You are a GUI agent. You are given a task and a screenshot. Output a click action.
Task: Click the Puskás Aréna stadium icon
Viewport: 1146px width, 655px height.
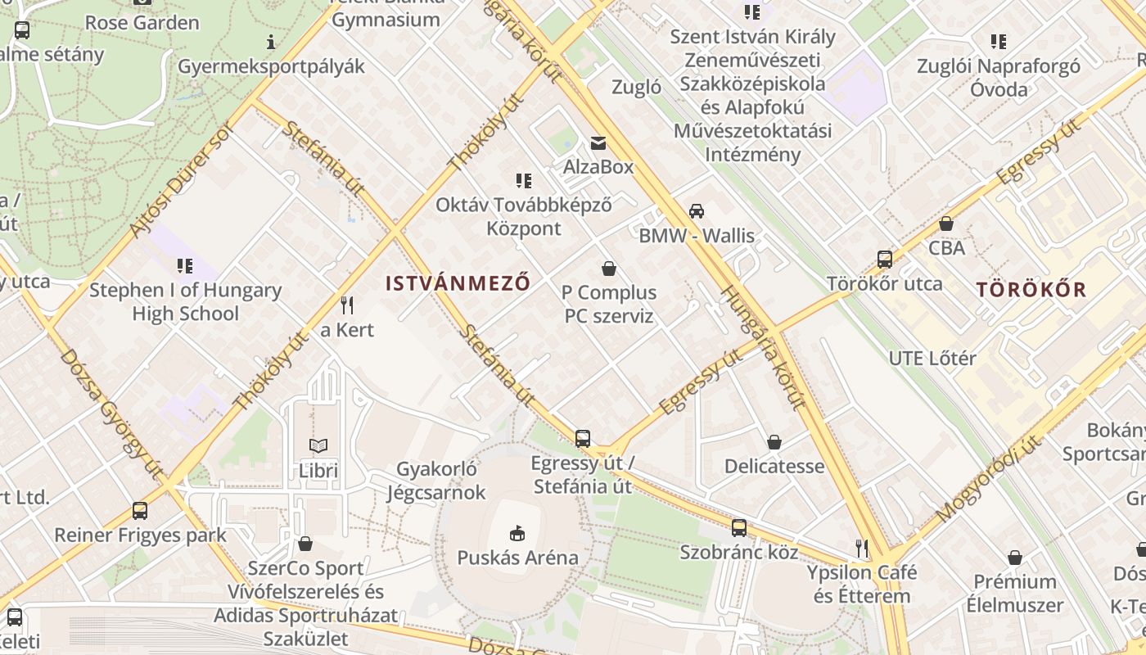click(x=517, y=534)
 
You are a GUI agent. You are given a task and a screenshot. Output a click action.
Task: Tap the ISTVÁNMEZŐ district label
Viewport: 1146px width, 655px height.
click(x=458, y=283)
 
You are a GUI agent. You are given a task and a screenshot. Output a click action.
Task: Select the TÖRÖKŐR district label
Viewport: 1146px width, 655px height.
click(x=1031, y=289)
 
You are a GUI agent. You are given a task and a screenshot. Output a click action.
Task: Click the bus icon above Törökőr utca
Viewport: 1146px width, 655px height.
click(x=884, y=260)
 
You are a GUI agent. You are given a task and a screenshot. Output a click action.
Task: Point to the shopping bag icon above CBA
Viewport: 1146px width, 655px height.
click(x=946, y=223)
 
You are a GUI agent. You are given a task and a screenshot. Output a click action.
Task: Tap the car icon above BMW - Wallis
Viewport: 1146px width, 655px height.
click(x=696, y=210)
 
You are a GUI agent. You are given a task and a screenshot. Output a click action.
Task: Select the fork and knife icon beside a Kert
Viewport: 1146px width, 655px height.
click(x=347, y=305)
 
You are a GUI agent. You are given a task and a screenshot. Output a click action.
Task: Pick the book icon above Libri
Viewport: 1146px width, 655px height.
click(x=318, y=445)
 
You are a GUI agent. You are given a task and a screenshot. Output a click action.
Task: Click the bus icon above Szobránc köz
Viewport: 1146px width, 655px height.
click(x=738, y=527)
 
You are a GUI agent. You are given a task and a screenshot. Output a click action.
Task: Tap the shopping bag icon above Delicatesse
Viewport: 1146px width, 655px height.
click(x=774, y=442)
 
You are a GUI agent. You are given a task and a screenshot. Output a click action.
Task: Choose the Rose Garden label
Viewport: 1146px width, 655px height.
click(x=142, y=22)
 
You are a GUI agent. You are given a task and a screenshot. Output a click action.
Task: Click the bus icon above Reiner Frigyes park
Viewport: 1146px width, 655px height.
click(x=140, y=511)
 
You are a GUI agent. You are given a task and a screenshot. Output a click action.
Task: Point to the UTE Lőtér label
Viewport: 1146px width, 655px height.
click(x=932, y=358)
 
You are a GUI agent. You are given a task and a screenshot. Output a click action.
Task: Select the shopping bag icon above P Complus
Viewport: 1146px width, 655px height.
click(x=609, y=268)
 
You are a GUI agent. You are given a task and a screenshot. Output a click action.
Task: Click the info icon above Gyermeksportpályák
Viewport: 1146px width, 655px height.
click(x=271, y=42)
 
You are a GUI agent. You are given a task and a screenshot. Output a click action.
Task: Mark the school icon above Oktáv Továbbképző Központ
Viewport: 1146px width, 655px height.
click(x=523, y=180)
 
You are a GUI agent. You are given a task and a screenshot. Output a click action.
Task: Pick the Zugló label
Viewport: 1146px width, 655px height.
click(x=636, y=87)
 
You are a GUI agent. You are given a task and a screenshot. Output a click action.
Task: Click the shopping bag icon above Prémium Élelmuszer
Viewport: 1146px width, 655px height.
click(x=1014, y=558)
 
